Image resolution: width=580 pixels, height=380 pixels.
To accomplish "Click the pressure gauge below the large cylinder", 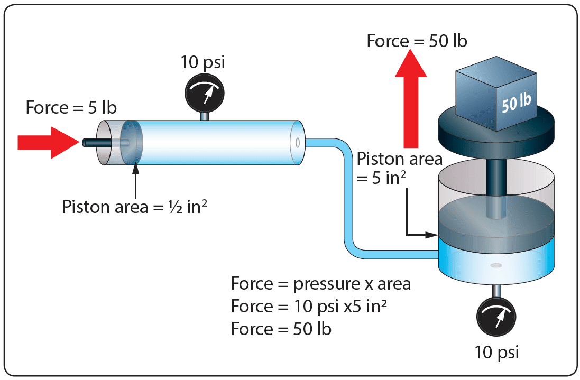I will click(x=496, y=319).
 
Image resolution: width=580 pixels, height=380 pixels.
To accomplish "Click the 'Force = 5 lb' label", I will click(x=71, y=108).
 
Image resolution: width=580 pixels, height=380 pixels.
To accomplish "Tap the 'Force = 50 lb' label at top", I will click(x=417, y=41).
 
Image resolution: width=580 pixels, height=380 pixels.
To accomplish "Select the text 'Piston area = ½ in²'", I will click(x=134, y=207).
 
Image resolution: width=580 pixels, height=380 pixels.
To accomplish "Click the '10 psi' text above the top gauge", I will click(x=203, y=62).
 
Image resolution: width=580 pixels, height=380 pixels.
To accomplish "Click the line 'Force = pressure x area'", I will click(x=320, y=284).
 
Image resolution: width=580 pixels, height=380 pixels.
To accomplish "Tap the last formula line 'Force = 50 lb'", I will click(x=281, y=329).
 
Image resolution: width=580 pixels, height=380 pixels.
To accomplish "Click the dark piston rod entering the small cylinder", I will click(x=95, y=142).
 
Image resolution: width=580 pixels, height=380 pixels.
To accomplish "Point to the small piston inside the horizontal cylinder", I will click(x=132, y=142).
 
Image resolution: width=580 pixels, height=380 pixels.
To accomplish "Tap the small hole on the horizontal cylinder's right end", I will click(x=298, y=142).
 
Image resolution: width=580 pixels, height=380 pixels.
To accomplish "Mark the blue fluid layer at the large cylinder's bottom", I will click(x=496, y=262).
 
